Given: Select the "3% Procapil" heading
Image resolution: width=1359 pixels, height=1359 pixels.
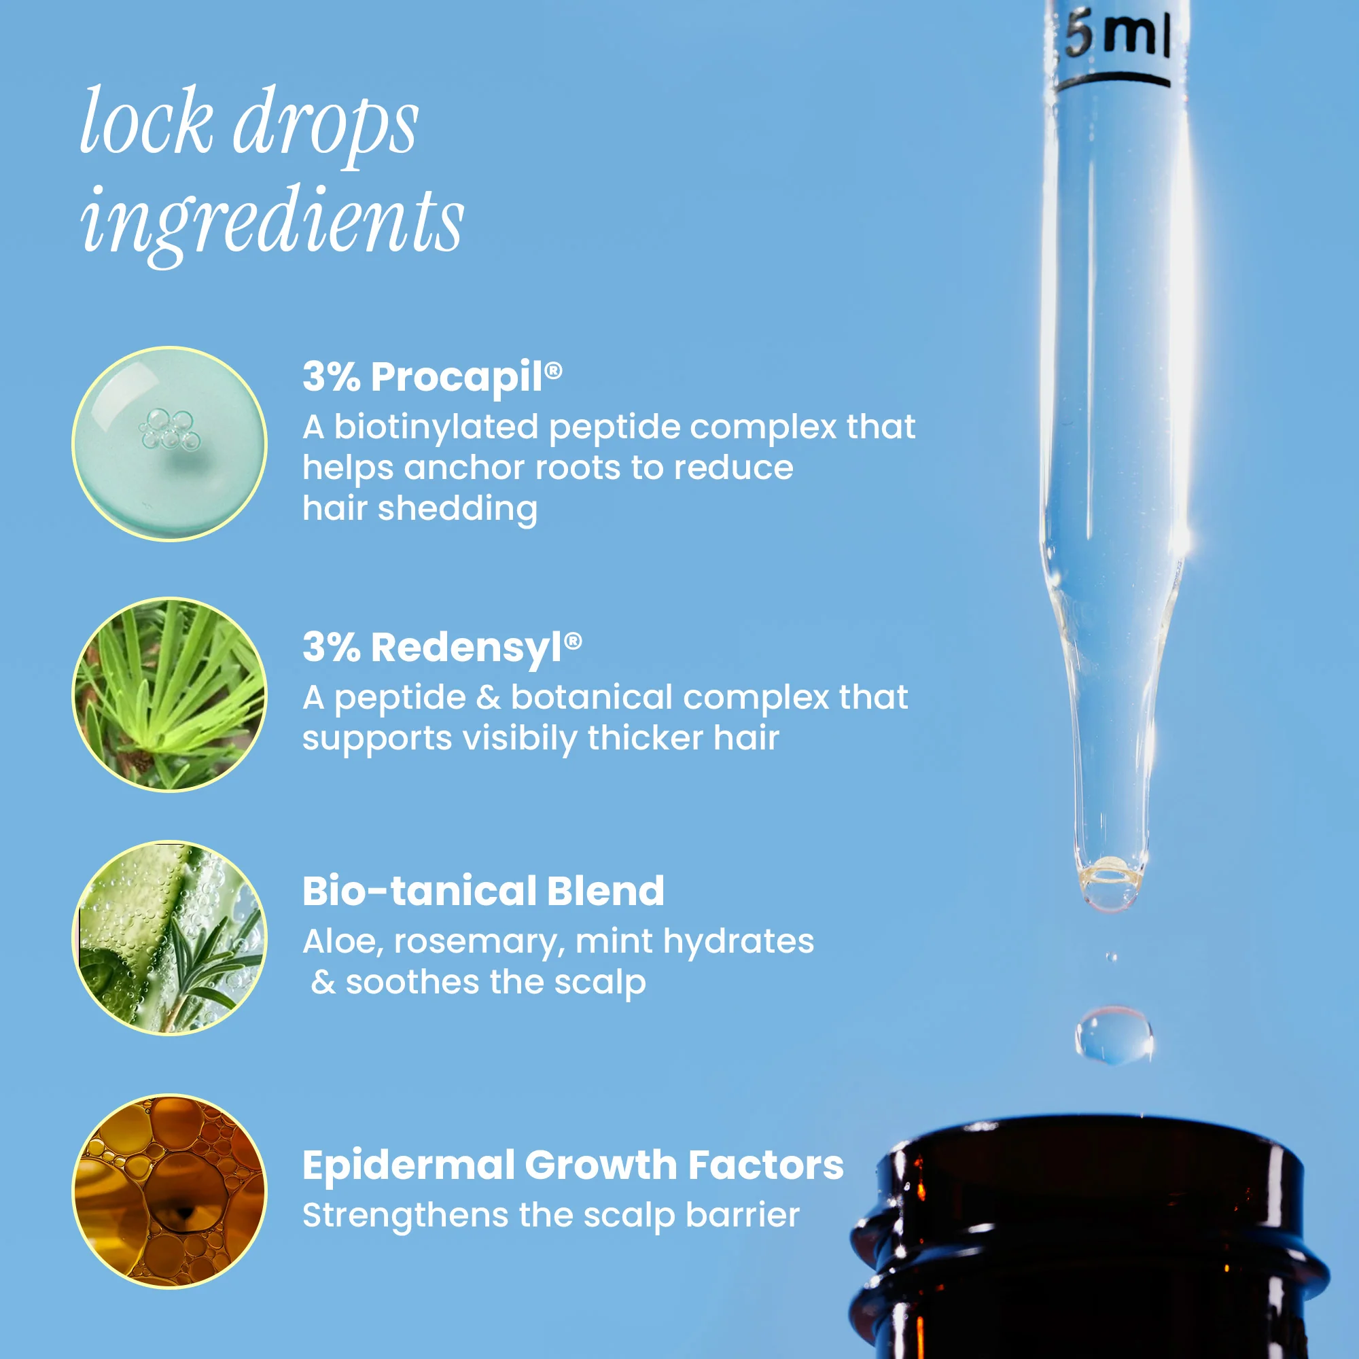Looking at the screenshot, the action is point(432,376).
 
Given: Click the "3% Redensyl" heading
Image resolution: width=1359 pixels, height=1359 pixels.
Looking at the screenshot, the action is point(442,647).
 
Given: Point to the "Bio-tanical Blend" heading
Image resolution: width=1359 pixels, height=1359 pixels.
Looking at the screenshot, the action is point(483,891).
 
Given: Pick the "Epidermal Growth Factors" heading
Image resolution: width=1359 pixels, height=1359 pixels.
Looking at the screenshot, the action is point(573,1165).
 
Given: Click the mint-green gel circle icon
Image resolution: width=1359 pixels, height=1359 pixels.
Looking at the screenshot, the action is point(169,444).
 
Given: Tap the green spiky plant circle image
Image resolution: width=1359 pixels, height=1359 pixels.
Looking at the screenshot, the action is point(169,695).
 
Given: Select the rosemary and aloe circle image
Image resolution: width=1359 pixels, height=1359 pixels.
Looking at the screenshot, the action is point(169,938).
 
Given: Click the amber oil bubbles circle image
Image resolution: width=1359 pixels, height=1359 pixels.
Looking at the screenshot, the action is point(169,1192).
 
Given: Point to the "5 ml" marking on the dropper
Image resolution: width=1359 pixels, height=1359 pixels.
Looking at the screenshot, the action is point(1117,35).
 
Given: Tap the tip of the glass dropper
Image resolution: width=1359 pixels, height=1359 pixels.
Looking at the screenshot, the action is point(1111,907).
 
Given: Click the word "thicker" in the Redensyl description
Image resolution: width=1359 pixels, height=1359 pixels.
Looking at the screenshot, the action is point(646,739).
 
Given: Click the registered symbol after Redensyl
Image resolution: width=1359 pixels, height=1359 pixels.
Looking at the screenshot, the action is point(573,641).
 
